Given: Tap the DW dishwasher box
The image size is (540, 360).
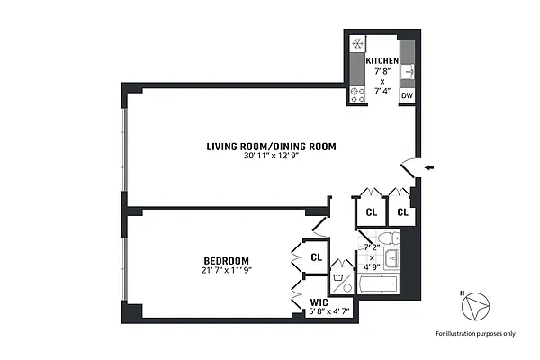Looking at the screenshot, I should pyautogui.click(x=407, y=95).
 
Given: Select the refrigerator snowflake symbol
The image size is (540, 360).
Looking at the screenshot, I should pyautogui.click(x=356, y=44).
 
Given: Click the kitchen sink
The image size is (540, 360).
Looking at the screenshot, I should pyautogui.click(x=408, y=70).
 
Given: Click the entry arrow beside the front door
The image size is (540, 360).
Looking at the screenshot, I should pyautogui.click(x=429, y=166).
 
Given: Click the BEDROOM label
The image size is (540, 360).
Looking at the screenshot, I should pyautogui.click(x=226, y=261).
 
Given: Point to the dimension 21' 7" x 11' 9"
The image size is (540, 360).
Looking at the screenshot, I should pyautogui.click(x=226, y=271).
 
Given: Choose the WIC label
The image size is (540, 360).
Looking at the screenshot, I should pyautogui.click(x=319, y=302).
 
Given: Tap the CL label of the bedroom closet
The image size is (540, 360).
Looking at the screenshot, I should pyautogui.click(x=316, y=257).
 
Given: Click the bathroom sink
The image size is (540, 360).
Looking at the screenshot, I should pyautogui.click(x=389, y=260).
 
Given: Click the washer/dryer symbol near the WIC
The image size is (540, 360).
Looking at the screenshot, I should pyautogui.click(x=339, y=277).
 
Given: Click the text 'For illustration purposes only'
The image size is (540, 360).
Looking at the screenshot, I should pyautogui.click(x=475, y=334).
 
